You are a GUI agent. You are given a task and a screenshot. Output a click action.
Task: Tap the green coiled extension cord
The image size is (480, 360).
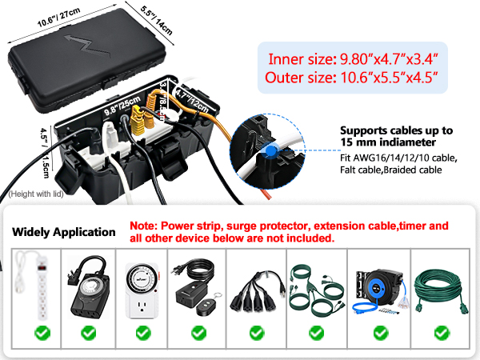(442, 285)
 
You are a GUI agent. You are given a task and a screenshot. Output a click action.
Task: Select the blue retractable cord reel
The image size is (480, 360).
(379, 285)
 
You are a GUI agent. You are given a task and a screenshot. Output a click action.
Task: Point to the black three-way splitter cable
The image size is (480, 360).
(256, 288)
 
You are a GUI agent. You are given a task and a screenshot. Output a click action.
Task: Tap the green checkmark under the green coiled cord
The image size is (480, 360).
(442, 331)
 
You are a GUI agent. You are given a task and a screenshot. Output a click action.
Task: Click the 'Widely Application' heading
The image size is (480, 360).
(64, 232)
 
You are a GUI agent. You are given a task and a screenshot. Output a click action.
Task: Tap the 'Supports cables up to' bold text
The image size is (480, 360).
(397, 130)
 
